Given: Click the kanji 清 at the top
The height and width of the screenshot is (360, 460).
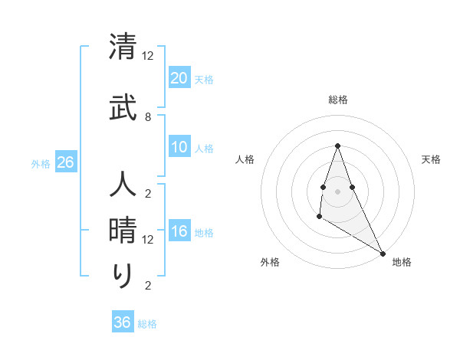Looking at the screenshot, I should tap(123, 48).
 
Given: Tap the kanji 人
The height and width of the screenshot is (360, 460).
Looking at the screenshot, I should tap(123, 186).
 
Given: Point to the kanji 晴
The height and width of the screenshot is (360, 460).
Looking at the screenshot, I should tap(123, 229).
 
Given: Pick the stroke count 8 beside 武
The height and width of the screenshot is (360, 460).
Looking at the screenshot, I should tap(147, 116).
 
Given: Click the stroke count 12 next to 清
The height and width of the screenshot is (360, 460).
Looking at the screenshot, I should tap(148, 55).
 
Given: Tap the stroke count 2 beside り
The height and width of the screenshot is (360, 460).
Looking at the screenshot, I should tap(147, 286).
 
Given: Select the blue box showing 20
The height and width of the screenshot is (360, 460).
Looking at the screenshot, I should tap(179, 78).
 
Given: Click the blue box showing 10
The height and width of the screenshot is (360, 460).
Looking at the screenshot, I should tap(179, 148).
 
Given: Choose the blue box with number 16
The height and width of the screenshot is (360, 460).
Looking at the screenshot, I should tap(179, 232).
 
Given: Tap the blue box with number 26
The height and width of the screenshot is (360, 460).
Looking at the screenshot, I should tap(65, 162).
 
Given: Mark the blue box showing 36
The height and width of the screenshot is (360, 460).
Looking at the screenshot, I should tap(123, 322).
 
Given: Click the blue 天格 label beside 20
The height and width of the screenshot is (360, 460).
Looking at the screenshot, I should tap(204, 80).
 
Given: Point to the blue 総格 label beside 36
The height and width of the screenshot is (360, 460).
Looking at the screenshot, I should tap(147, 324).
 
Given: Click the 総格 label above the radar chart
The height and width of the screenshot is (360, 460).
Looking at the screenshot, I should tap(337, 100).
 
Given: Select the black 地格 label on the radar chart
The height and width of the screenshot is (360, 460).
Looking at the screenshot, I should tap(402, 262).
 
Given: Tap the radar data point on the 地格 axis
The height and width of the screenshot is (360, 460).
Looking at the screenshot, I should tap(383, 254).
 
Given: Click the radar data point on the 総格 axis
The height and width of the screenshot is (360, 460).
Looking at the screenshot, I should tap(337, 146).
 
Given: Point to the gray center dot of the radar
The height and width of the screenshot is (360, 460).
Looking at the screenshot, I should tap(337, 191).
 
